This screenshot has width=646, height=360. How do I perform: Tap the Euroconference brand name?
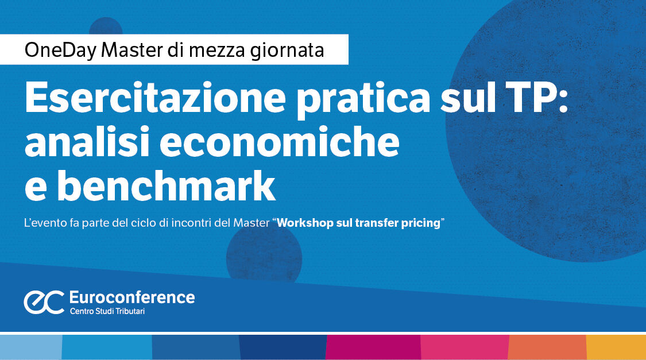pyautogui.click(x=131, y=297)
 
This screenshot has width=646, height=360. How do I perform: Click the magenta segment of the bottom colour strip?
pyautogui.click(x=373, y=347)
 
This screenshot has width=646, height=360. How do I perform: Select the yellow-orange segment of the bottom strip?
pyautogui.click(x=616, y=347)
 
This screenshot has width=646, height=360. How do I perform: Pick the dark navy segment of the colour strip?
pyautogui.click(x=283, y=347)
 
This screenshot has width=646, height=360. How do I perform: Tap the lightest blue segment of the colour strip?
pyautogui.click(x=30, y=347)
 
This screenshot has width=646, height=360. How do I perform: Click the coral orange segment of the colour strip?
pyautogui.click(x=547, y=347)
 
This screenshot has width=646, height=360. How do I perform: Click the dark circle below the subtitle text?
pyautogui.click(x=264, y=253)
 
